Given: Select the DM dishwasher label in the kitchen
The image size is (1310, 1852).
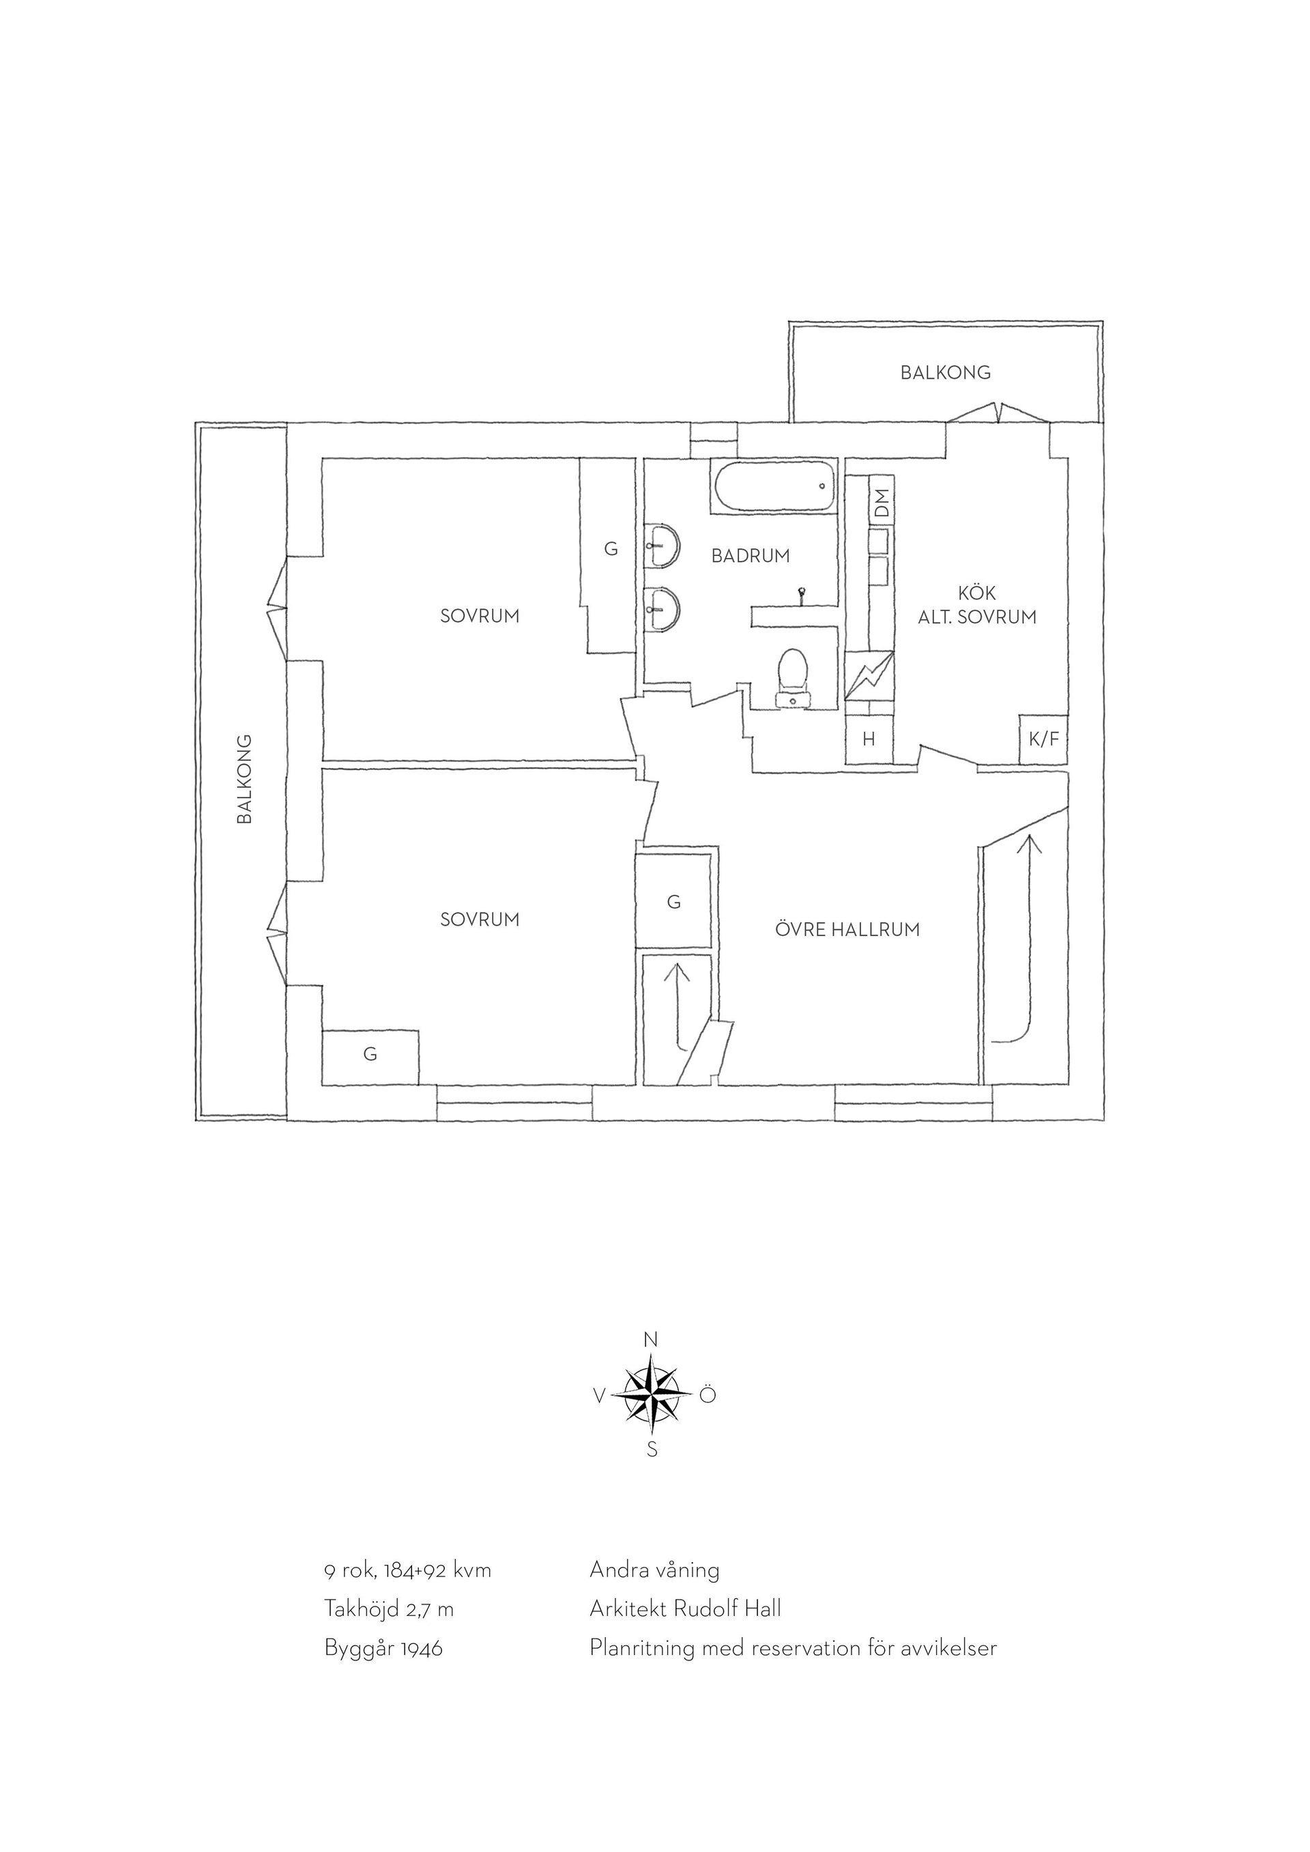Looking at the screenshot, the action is point(882,503).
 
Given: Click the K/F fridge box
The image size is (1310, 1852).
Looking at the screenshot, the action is point(1044,739).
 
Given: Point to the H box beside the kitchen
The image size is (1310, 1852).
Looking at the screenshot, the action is point(869,739).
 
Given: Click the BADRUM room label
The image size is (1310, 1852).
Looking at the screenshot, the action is point(751,556).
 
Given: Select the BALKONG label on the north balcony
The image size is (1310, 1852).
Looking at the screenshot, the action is point(946,372).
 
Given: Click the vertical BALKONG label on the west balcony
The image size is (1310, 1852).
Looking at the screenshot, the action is point(244,778).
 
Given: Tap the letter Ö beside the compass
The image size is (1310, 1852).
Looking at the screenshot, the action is point(708,1394).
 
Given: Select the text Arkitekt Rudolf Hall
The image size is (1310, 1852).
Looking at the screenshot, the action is point(685,1608).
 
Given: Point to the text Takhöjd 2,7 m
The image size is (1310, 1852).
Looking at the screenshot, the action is point(389,1609).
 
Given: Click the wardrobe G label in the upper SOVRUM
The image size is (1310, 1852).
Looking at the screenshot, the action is point(611,549).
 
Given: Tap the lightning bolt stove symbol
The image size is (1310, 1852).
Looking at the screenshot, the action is point(869,676).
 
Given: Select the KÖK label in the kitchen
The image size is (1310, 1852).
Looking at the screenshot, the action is point(977,593).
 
